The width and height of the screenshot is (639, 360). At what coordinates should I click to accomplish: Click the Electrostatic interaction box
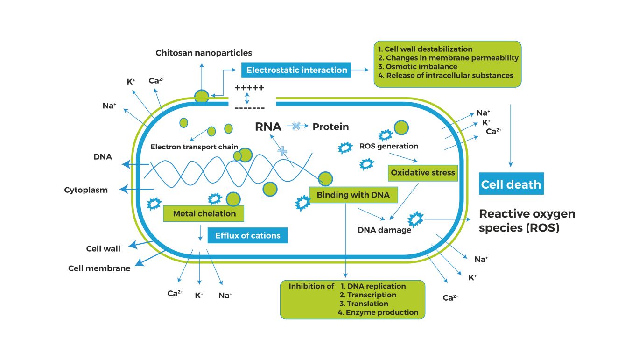[296, 70]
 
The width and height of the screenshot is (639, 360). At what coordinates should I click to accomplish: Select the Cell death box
[511, 184]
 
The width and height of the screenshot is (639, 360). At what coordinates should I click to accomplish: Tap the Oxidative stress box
[423, 173]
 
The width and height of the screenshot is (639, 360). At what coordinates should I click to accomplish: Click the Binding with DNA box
[353, 195]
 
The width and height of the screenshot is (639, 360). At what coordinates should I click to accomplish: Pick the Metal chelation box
[204, 214]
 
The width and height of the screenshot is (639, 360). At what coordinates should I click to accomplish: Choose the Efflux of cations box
[247, 235]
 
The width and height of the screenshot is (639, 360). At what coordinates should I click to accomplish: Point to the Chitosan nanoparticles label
[204, 53]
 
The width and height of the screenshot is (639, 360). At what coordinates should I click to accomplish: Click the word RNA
[268, 127]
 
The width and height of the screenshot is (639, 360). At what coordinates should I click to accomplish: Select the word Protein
[330, 127]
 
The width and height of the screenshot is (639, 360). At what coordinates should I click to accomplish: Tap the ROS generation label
[388, 146]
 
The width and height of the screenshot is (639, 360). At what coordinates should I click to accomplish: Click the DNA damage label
[384, 230]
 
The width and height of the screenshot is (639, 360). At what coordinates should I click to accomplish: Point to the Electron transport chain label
[194, 147]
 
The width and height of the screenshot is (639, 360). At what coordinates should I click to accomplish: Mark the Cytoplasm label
[86, 190]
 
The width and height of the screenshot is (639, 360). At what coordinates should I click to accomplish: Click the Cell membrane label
[99, 268]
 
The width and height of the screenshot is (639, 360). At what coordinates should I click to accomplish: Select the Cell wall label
[103, 248]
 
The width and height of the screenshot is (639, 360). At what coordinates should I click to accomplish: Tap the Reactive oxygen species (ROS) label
[527, 221]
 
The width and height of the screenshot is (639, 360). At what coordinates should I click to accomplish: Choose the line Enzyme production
[382, 312]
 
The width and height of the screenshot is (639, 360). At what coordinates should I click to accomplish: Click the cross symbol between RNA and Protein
[296, 125]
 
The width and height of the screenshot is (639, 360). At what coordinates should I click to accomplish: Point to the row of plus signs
[249, 88]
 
